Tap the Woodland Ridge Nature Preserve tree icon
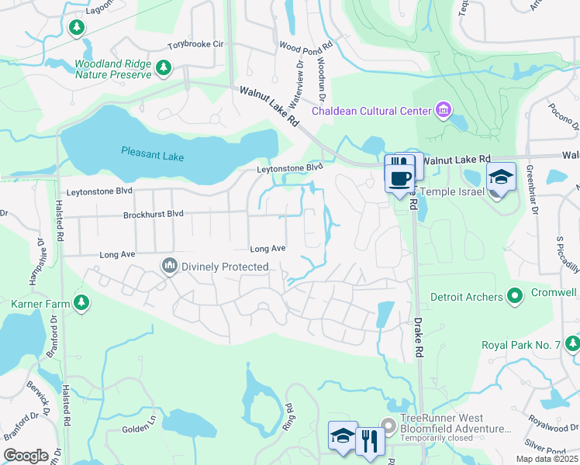click(164, 69)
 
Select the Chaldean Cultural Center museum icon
click(443, 110)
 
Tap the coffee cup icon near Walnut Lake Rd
click(399, 179)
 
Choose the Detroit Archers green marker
click(513, 296)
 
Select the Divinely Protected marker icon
click(170, 267)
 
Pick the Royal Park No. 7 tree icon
click(571, 343)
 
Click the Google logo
click(26, 456)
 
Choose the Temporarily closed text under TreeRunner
click(437, 439)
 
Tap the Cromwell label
click(554, 293)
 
